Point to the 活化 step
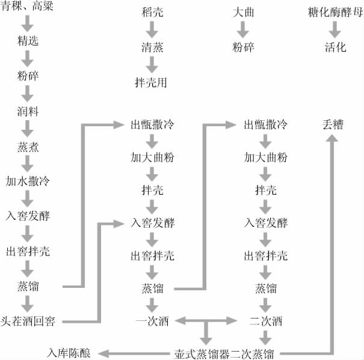(335, 47)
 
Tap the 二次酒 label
(265, 320)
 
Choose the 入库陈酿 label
(69, 353)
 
